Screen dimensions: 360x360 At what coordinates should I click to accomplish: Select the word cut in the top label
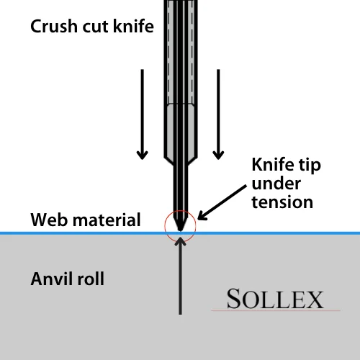pos(102,28)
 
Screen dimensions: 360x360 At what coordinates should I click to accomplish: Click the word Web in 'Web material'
pos(48,220)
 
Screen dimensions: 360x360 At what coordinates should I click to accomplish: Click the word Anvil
pos(52,278)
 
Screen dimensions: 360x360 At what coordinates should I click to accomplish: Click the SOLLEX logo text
pos(274,298)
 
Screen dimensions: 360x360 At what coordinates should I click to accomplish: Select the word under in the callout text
pos(272,184)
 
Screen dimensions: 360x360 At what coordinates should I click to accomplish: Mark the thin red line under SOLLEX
pos(274,310)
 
